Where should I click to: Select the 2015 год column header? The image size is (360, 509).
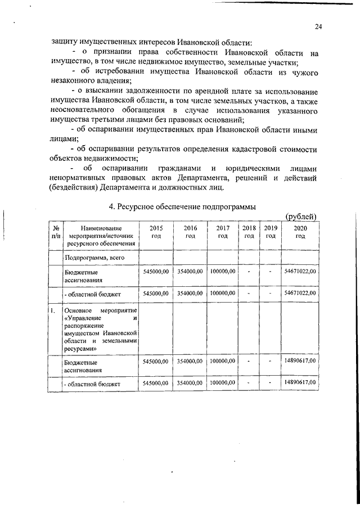click(156, 232)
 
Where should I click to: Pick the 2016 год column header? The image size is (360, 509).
click(190, 232)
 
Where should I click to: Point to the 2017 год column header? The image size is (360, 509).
click(223, 232)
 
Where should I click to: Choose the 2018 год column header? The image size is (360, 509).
click(248, 232)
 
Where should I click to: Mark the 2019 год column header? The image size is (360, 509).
click(271, 232)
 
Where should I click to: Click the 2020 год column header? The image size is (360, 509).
click(300, 232)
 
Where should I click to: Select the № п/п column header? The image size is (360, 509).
click(56, 232)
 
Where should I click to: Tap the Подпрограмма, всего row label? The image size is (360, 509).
click(94, 257)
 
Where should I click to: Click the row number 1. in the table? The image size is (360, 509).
click(52, 310)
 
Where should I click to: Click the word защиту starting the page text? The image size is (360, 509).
click(63, 42)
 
